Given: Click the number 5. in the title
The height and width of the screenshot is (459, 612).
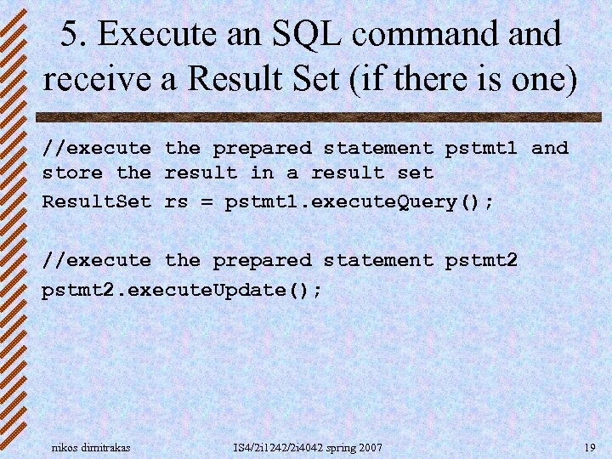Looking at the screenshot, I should [76, 34].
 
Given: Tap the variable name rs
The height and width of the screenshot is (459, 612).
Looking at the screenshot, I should [176, 202].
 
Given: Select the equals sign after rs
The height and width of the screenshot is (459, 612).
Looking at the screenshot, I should [207, 202].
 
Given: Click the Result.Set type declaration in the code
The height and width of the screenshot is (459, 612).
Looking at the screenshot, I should [97, 202].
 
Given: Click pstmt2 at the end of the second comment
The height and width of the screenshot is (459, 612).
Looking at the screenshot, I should [481, 260].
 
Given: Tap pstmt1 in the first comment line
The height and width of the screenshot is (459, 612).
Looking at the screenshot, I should [481, 148].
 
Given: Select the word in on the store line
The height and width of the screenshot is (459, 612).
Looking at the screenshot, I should [262, 173].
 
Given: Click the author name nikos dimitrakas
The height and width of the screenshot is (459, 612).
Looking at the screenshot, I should [91, 447].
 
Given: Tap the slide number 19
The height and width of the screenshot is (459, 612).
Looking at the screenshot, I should [589, 447].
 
